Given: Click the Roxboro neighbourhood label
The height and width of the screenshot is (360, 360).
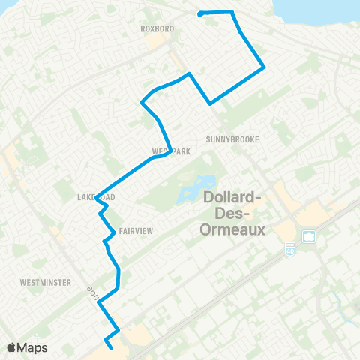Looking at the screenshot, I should pyautogui.click(x=157, y=29).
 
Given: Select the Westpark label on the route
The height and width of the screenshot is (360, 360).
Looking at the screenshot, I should pyautogui.click(x=171, y=151).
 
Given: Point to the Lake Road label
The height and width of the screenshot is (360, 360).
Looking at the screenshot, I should pyautogui.click(x=95, y=197).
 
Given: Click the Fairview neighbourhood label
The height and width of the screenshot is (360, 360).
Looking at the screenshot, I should pyautogui.click(x=135, y=232).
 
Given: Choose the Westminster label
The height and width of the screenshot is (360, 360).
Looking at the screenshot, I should pyautogui.click(x=46, y=283).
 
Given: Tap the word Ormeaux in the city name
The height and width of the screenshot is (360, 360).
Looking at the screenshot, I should pyautogui.click(x=233, y=229).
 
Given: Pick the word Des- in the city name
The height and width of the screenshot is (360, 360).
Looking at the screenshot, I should pyautogui.click(x=233, y=214).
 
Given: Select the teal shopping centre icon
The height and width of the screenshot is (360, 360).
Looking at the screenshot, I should pyautogui.click(x=307, y=237).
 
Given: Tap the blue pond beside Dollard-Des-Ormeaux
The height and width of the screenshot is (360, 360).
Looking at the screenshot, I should pyautogui.click(x=196, y=190).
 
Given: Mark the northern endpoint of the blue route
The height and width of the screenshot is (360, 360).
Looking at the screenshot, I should pyautogui.click(x=199, y=13).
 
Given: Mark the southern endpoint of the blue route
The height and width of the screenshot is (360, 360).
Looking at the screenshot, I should pyautogui.click(x=112, y=347).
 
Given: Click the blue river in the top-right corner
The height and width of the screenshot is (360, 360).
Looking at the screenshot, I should pyautogui.click(x=330, y=15).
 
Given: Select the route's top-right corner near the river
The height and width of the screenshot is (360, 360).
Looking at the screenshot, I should pyautogui.click(x=232, y=12).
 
